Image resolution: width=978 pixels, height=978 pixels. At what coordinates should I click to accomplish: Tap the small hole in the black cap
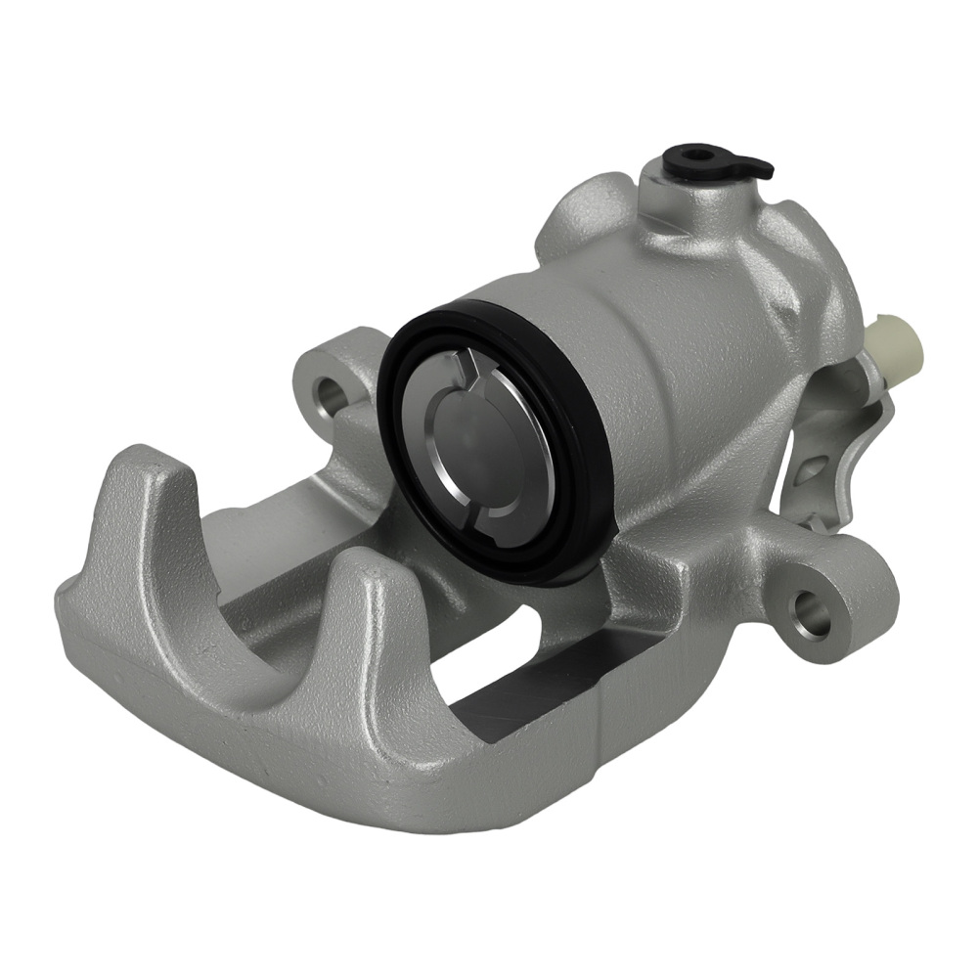coord(696,155)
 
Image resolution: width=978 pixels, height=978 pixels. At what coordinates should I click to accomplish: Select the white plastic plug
coord(898,344)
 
